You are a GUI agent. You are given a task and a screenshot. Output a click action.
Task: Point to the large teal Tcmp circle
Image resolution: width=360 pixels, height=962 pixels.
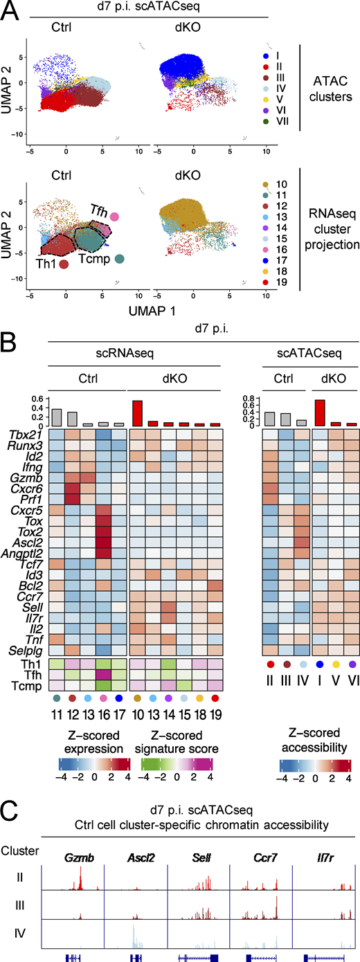[119, 259]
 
